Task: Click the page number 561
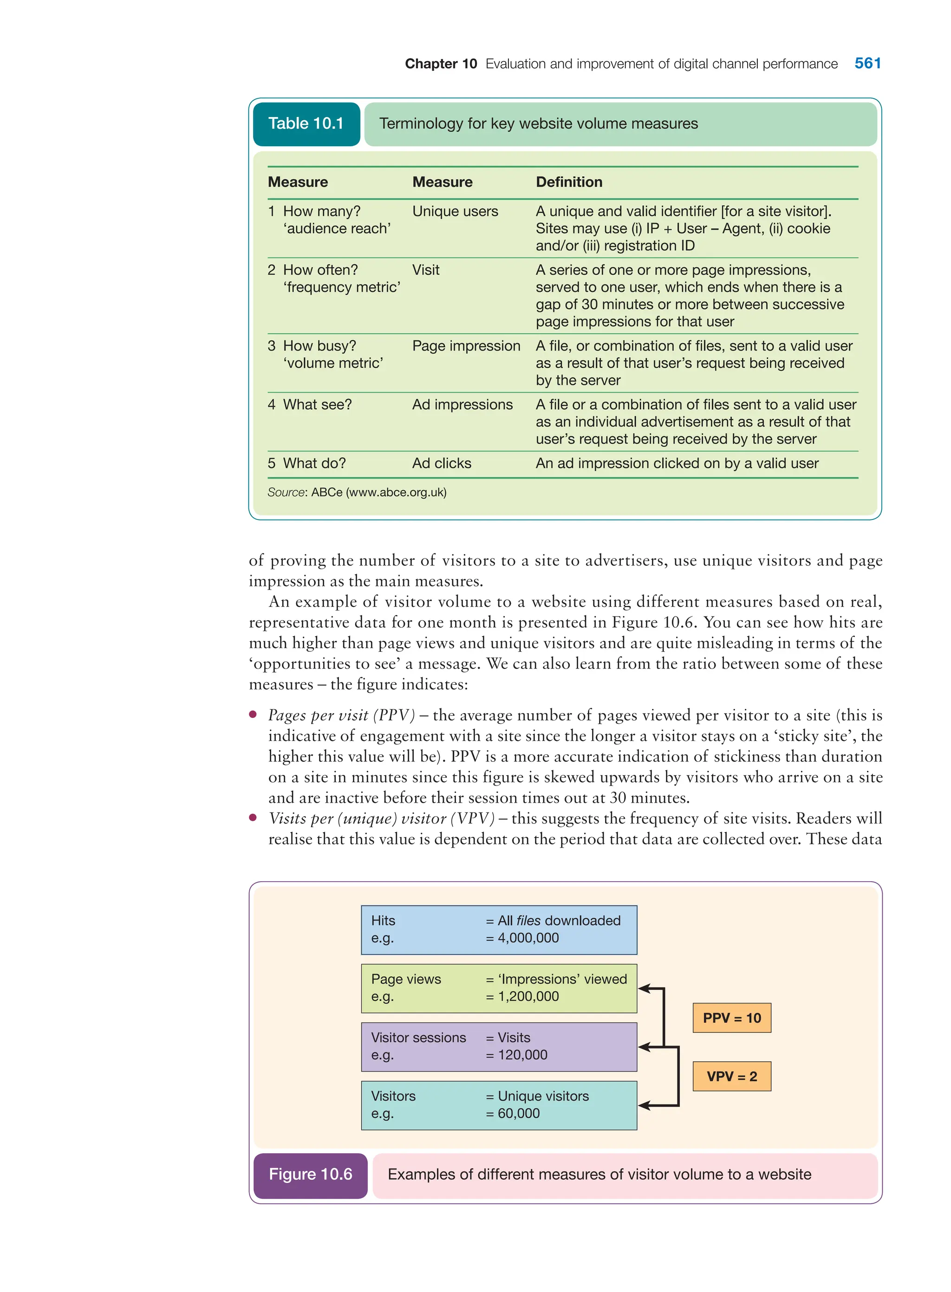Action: (867, 63)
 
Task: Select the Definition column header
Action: (569, 182)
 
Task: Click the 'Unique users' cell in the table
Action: (455, 211)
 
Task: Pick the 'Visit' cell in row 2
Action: (425, 270)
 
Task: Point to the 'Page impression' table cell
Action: (466, 346)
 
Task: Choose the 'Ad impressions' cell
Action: (462, 404)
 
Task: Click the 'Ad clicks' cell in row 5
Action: (442, 463)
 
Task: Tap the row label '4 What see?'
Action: (310, 404)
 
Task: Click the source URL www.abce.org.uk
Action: (396, 492)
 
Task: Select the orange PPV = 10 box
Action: (732, 1018)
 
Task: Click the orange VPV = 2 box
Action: (732, 1077)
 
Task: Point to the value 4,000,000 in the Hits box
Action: (528, 938)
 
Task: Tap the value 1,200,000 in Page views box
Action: (528, 996)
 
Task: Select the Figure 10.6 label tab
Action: (310, 1174)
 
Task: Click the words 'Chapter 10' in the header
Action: (441, 64)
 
